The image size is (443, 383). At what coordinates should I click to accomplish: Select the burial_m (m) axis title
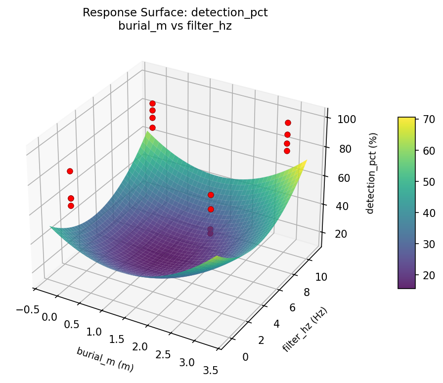pos(105,359)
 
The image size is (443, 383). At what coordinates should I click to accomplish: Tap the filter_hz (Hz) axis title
pos(305,329)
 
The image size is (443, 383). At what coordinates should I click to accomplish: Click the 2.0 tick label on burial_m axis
pos(140,347)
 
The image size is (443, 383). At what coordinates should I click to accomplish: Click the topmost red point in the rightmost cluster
pos(288,123)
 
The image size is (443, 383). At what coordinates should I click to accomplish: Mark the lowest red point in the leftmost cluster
pos(71,206)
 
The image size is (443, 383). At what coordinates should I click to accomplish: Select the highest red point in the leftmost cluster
pos(70,171)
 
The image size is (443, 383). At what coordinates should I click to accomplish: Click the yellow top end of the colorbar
pos(406,119)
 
